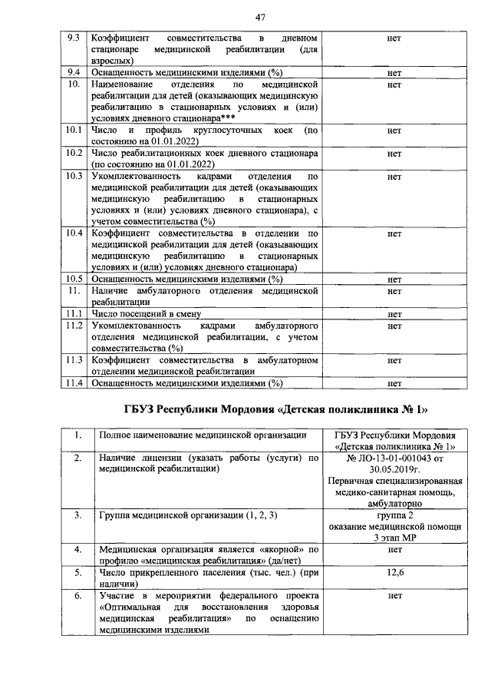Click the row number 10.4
74,233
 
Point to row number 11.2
74,326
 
